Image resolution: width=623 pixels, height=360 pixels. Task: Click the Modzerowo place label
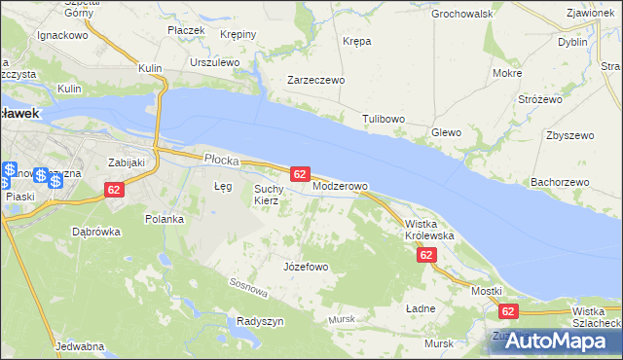pyautogui.click(x=340, y=186)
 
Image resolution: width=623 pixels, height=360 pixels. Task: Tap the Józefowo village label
pyautogui.click(x=305, y=267)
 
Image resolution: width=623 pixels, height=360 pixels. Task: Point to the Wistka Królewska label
pyautogui.click(x=429, y=230)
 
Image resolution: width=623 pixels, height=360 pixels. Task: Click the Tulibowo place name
pyautogui.click(x=384, y=119)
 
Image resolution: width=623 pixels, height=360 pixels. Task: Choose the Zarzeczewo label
pyautogui.click(x=315, y=81)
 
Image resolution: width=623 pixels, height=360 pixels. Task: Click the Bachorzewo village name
pyautogui.click(x=560, y=182)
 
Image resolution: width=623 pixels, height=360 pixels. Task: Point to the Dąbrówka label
pyautogui.click(x=95, y=233)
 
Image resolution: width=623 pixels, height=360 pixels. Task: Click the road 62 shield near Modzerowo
pyautogui.click(x=300, y=173)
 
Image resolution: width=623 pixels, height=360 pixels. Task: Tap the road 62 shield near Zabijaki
pyautogui.click(x=114, y=190)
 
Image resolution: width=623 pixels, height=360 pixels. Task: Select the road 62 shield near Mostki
pyautogui.click(x=507, y=311)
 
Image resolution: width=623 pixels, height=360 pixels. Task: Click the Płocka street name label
pyautogui.click(x=221, y=157)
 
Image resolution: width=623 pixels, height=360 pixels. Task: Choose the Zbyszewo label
pyautogui.click(x=570, y=135)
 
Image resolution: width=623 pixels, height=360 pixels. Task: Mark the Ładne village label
pyautogui.click(x=420, y=308)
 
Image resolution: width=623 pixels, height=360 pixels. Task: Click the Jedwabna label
pyautogui.click(x=81, y=346)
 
